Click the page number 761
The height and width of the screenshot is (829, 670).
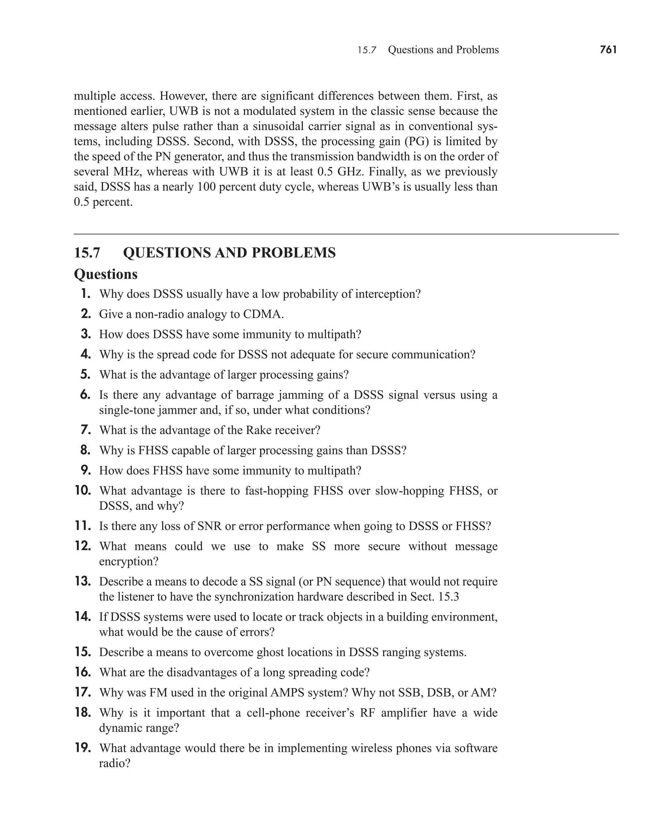[x=608, y=50]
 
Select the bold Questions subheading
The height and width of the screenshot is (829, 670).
[x=105, y=274]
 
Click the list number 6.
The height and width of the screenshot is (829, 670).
[x=85, y=395]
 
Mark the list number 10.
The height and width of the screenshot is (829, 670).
[x=83, y=491]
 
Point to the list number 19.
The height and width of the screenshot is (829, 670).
[x=83, y=748]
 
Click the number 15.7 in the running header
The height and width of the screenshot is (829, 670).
[x=366, y=50]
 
